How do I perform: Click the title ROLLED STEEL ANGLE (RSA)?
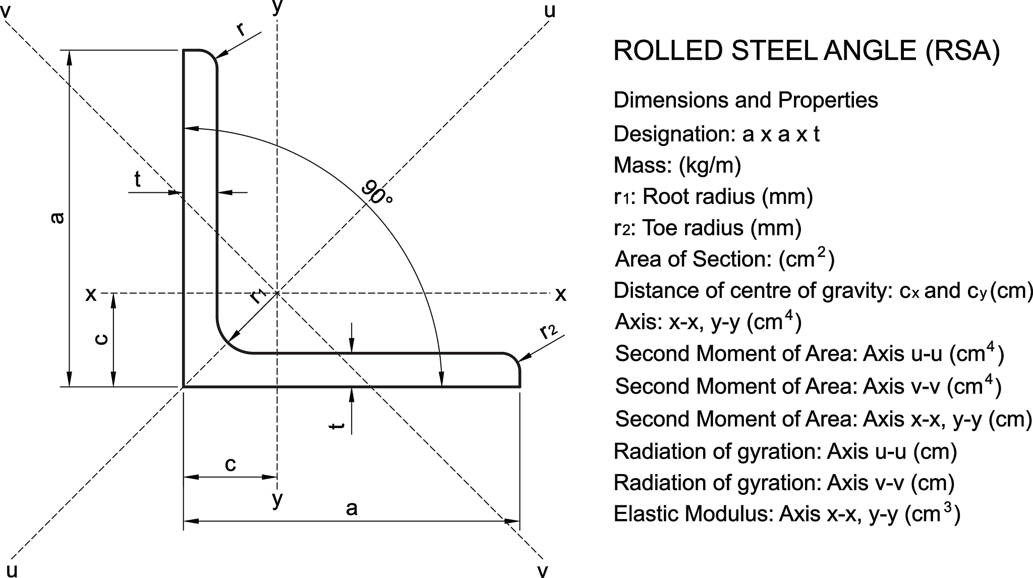click(806, 51)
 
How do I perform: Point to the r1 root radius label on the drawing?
click(258, 295)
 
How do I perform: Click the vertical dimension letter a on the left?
click(58, 218)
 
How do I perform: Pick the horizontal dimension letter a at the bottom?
click(352, 508)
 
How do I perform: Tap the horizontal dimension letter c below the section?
click(230, 464)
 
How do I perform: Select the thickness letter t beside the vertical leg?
click(137, 179)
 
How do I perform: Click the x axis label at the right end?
click(560, 294)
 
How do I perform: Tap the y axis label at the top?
click(277, 7)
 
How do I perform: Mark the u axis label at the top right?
click(550, 10)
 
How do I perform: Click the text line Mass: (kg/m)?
click(677, 165)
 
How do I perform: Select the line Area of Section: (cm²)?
click(724, 259)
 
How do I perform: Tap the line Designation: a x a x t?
click(716, 134)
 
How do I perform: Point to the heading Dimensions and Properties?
click(745, 100)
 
